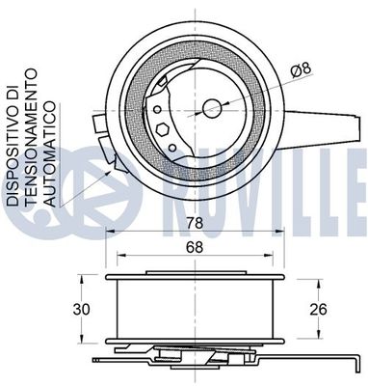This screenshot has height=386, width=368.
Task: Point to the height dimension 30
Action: point(83,310)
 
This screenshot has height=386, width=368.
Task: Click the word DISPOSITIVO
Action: point(13,150)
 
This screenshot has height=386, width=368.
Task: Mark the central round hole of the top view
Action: point(210,107)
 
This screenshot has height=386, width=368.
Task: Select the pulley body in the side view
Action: point(197,308)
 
